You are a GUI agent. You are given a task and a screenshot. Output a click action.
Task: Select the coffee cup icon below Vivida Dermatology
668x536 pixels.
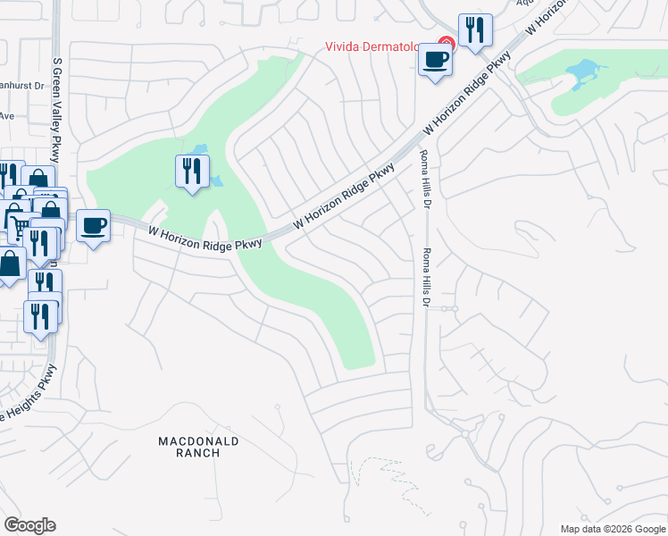point(436,61)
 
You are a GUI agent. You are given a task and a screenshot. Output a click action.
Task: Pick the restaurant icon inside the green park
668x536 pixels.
point(192,171)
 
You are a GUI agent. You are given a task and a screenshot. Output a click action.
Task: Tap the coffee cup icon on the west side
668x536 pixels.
point(93,225)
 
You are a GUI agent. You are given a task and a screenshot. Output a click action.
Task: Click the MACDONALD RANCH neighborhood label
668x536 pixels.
point(188,447)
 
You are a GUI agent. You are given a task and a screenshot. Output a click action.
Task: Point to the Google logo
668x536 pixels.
point(29,525)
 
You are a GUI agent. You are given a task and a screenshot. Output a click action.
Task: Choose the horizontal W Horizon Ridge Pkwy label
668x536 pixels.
point(205,238)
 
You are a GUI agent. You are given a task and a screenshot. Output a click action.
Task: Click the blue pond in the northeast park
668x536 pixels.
point(583,71)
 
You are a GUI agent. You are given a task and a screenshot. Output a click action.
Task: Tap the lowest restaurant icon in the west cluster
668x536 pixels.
point(41,316)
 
